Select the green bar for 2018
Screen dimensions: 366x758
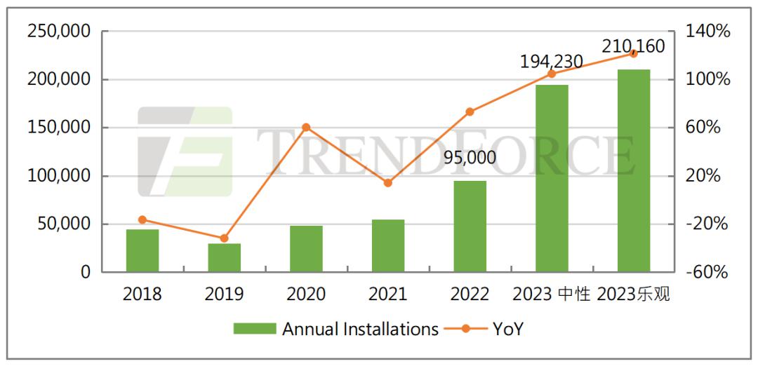(x=142, y=250)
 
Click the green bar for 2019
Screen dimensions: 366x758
(x=225, y=257)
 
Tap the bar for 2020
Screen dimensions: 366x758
(x=306, y=248)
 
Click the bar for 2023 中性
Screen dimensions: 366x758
(x=552, y=178)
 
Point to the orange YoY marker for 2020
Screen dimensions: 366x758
(x=306, y=128)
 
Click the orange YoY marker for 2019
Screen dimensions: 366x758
(x=225, y=238)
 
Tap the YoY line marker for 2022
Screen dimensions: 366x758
(x=470, y=111)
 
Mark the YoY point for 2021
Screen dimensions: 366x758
(x=388, y=183)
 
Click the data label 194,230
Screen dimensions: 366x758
(x=551, y=62)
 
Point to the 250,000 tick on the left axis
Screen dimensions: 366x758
(x=58, y=32)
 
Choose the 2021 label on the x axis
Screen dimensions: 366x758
(x=388, y=294)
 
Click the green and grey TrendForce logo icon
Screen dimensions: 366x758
(x=185, y=151)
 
